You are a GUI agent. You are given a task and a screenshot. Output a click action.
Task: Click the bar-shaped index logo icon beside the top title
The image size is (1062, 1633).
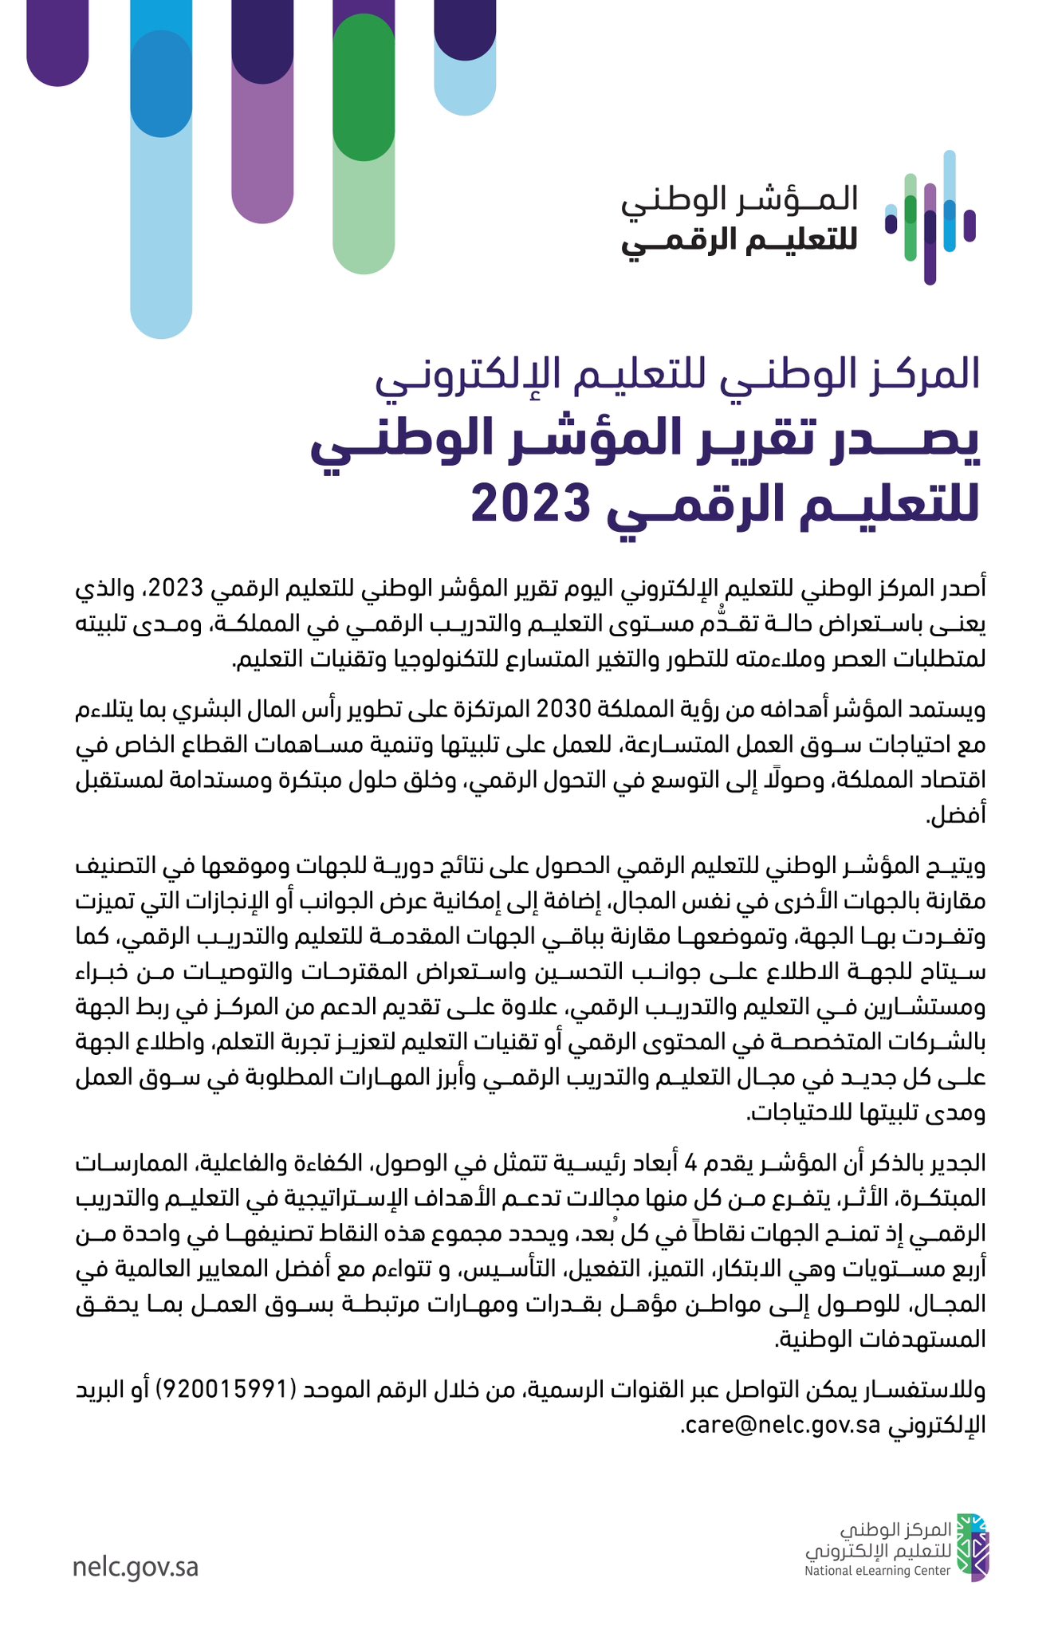930,218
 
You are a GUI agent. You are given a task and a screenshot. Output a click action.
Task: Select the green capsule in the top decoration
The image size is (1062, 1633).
364,88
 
